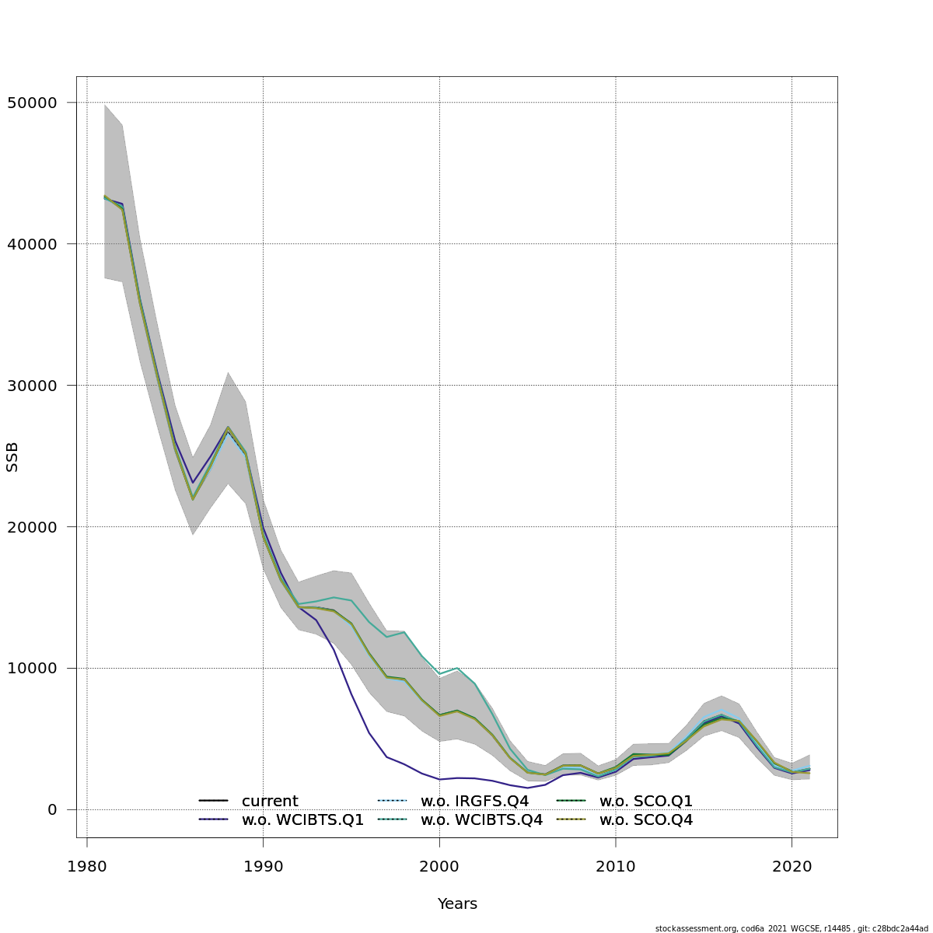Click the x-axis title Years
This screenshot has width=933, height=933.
pyautogui.click(x=457, y=904)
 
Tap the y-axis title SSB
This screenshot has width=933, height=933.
pyautogui.click(x=12, y=457)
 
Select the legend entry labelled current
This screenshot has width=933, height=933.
pyautogui.click(x=269, y=802)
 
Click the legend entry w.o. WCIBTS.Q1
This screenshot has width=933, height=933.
pyautogui.click(x=302, y=820)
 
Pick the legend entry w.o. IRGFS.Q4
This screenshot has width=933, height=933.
pyautogui.click(x=474, y=802)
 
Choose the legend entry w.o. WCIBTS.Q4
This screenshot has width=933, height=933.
pyautogui.click(x=481, y=820)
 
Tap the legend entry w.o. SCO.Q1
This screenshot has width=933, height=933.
pyautogui.click(x=645, y=802)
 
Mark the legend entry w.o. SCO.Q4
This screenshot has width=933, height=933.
pyautogui.click(x=645, y=820)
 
